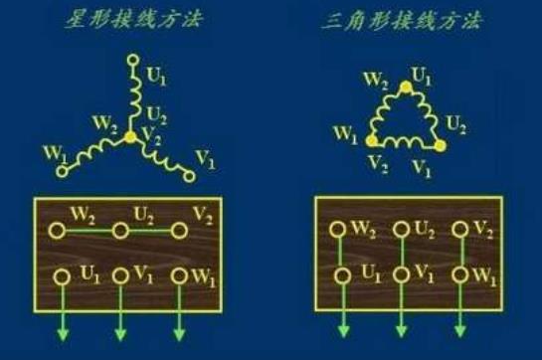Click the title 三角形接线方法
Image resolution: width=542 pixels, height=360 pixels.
click(408, 20)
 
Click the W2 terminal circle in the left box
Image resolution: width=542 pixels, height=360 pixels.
click(60, 231)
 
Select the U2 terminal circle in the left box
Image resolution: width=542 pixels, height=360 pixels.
click(119, 231)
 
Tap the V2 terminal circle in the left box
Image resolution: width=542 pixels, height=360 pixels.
click(179, 231)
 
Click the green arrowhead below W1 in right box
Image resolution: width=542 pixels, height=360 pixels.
click(458, 329)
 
